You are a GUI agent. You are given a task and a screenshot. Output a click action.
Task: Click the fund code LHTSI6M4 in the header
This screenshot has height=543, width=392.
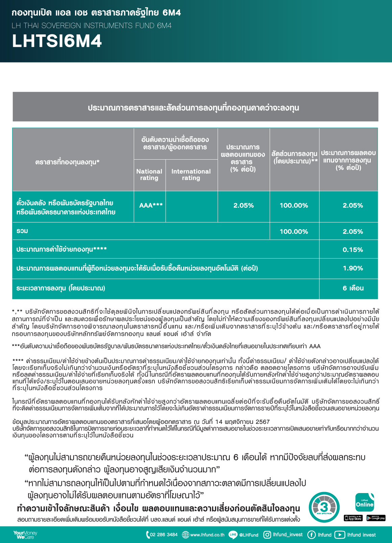click(x=57, y=42)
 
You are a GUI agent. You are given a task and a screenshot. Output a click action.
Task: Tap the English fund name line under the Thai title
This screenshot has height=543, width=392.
click(x=91, y=26)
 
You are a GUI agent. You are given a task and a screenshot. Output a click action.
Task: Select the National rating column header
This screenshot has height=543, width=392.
click(x=149, y=174)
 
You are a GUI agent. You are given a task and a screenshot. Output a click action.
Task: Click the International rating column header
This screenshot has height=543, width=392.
click(x=191, y=174)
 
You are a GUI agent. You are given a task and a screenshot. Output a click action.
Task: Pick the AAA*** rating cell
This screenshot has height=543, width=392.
click(x=151, y=205)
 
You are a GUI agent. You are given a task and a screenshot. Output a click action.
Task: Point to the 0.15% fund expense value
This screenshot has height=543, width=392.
click(x=352, y=250)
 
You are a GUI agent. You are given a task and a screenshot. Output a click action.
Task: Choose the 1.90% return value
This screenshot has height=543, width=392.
click(x=352, y=268)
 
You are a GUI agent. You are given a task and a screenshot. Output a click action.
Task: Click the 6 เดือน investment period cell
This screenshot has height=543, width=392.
click(x=353, y=288)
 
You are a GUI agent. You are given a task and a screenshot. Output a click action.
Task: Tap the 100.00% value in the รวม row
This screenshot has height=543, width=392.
click(x=294, y=232)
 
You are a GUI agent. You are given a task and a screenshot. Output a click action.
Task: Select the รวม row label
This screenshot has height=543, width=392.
click(x=22, y=231)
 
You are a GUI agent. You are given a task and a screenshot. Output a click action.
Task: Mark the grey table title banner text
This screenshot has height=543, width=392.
click(x=193, y=108)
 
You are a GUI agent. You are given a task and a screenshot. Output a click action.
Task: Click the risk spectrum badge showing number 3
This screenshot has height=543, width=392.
click(x=324, y=507)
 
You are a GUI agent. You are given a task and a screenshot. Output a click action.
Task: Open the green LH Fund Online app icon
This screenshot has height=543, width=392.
click(x=365, y=503)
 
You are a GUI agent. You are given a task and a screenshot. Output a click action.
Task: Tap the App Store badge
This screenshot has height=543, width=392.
click(x=353, y=518)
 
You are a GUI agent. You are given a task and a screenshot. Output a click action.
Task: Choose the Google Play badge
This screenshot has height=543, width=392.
click(x=376, y=518)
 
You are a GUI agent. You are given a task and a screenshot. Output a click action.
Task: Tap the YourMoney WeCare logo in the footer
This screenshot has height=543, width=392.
click(x=25, y=535)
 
